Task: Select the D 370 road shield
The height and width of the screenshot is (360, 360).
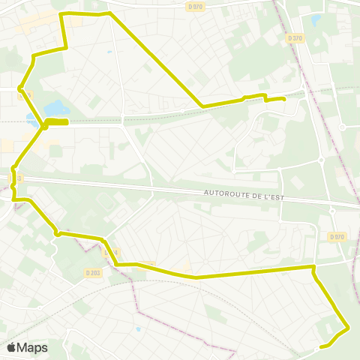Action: (295, 37)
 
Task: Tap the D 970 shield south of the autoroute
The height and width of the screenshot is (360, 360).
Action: (337, 237)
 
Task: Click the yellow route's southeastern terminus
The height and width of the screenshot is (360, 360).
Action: (321, 346)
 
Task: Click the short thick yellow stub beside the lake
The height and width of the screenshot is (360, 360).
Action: (57, 121)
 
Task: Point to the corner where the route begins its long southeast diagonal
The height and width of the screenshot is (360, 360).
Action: (110, 13)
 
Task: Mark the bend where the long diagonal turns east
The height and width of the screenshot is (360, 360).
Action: (202, 106)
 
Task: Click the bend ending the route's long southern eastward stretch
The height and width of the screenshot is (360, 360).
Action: (313, 267)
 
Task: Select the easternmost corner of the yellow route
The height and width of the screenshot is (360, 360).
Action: (349, 328)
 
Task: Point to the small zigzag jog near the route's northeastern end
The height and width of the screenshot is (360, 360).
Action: (264, 97)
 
